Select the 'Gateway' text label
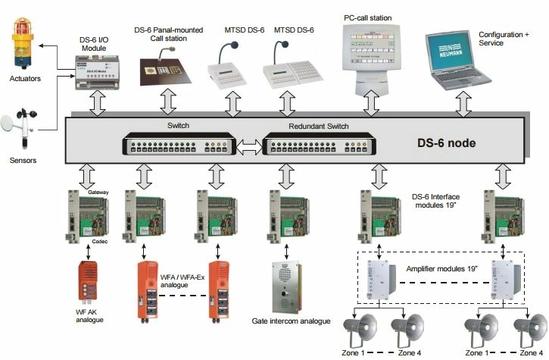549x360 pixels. [x=98, y=194]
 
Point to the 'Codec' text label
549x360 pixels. [x=101, y=243]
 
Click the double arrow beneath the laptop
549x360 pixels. [x=462, y=102]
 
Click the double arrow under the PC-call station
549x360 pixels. [x=370, y=102]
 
